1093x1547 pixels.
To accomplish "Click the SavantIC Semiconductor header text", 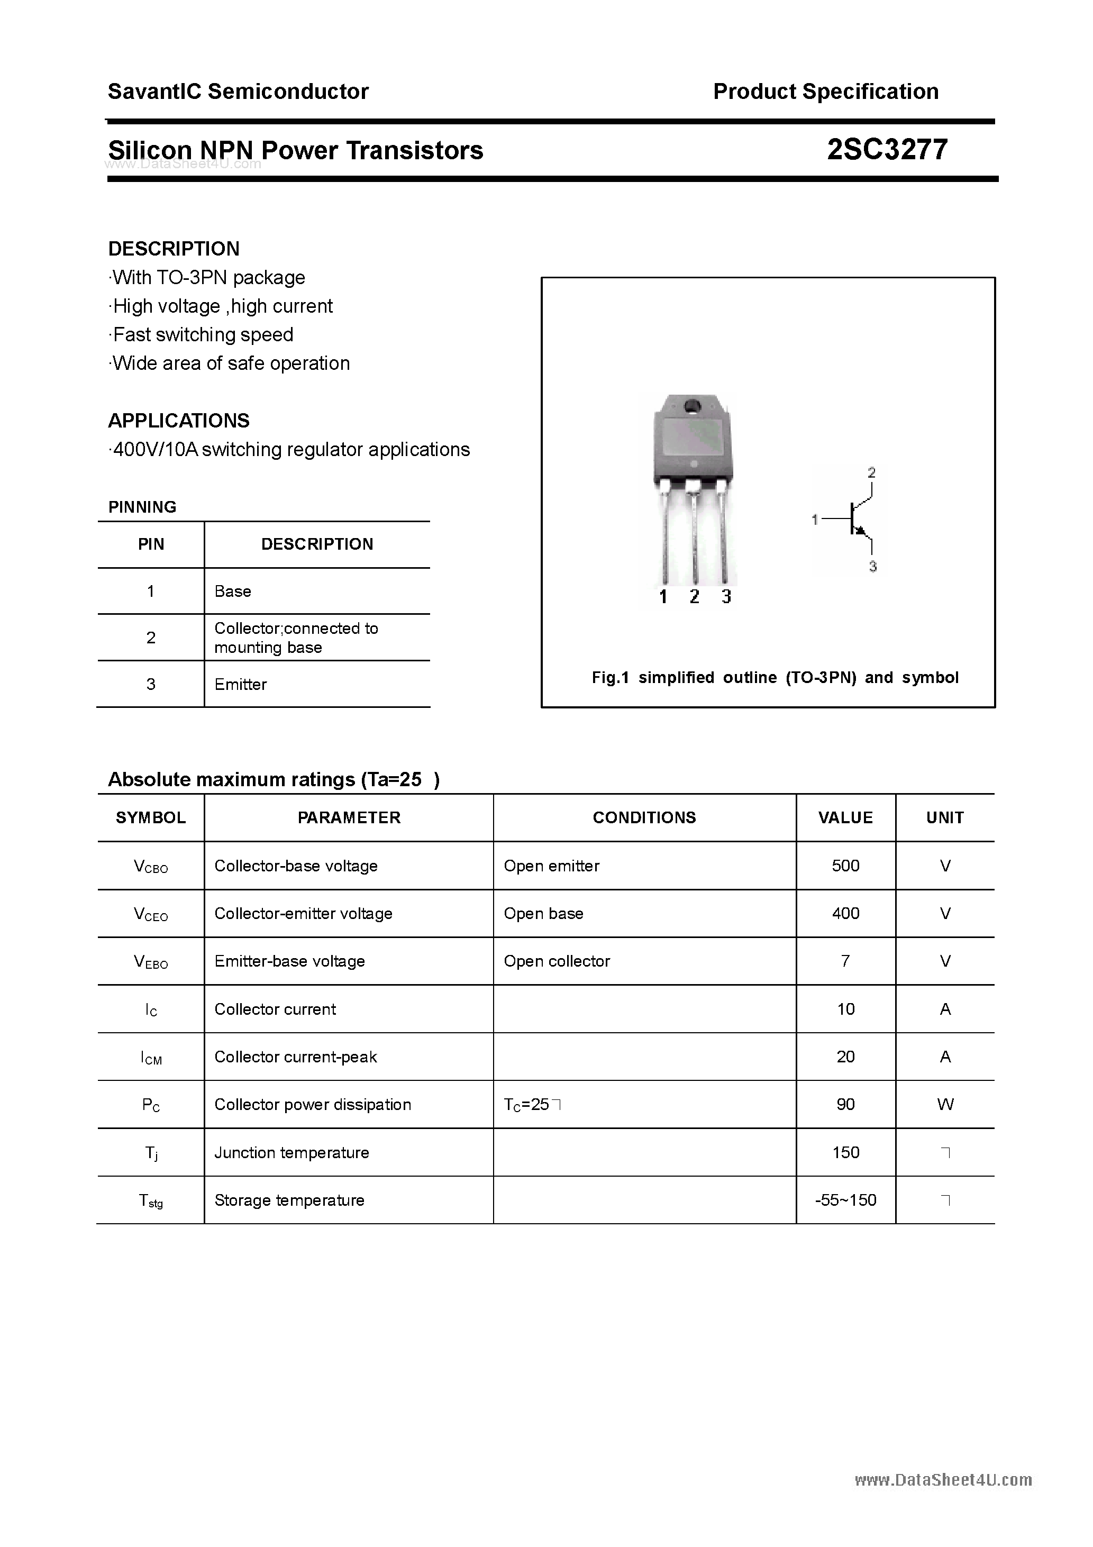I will click(x=238, y=91).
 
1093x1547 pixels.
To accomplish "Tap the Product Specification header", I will click(x=825, y=91).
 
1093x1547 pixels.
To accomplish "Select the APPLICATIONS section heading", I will click(x=179, y=421).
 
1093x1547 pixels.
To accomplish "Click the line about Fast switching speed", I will click(x=202, y=334).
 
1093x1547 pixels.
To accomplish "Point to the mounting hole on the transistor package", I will click(x=692, y=406).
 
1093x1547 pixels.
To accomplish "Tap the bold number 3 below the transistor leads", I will click(x=726, y=596).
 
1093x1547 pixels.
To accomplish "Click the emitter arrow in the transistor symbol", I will click(x=860, y=531).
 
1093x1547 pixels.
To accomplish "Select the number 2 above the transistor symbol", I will click(x=871, y=473).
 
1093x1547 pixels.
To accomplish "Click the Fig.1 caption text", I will click(x=775, y=677).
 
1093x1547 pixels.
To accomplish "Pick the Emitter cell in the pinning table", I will click(x=241, y=684).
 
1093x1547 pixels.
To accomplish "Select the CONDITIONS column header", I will click(x=644, y=817).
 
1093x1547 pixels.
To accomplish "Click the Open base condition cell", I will click(x=543, y=914).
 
